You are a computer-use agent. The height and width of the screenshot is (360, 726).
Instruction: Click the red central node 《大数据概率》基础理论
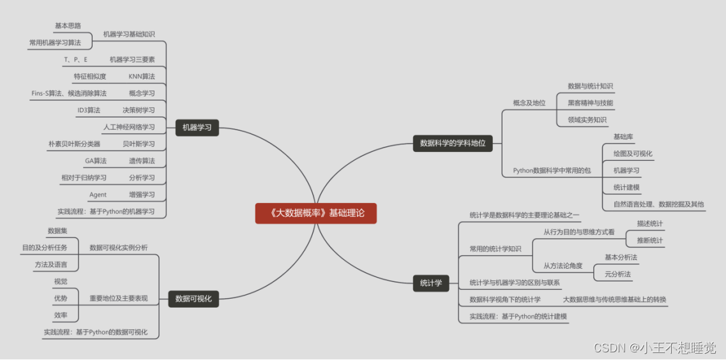[315, 213]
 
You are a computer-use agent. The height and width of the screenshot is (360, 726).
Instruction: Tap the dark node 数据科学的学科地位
[452, 143]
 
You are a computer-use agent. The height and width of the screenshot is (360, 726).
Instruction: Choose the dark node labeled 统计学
[431, 283]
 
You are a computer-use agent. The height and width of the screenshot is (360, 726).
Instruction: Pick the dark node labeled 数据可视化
[193, 298]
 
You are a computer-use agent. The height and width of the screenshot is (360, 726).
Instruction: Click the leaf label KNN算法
[141, 77]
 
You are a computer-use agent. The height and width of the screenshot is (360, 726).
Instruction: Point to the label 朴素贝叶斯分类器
[74, 144]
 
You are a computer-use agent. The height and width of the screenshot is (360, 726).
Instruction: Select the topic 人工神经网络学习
[129, 127]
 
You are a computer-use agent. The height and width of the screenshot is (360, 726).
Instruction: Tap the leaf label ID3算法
[88, 110]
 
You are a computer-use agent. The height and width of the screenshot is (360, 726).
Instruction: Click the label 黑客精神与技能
[590, 103]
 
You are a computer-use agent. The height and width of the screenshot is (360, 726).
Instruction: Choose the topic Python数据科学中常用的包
[552, 171]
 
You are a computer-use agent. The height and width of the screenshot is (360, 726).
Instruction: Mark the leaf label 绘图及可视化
[632, 154]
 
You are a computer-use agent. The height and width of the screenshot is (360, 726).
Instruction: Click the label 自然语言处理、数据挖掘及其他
[658, 204]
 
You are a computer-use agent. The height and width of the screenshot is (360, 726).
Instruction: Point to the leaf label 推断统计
[649, 241]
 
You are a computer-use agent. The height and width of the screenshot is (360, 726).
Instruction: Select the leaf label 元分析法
[617, 274]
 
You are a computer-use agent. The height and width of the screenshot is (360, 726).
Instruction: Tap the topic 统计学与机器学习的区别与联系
[515, 282]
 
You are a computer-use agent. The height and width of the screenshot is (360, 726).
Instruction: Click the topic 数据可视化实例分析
[118, 247]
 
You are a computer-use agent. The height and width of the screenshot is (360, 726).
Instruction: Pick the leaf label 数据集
[57, 230]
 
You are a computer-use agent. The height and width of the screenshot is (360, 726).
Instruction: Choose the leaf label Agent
[98, 195]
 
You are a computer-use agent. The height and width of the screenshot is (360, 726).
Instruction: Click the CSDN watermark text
[654, 348]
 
